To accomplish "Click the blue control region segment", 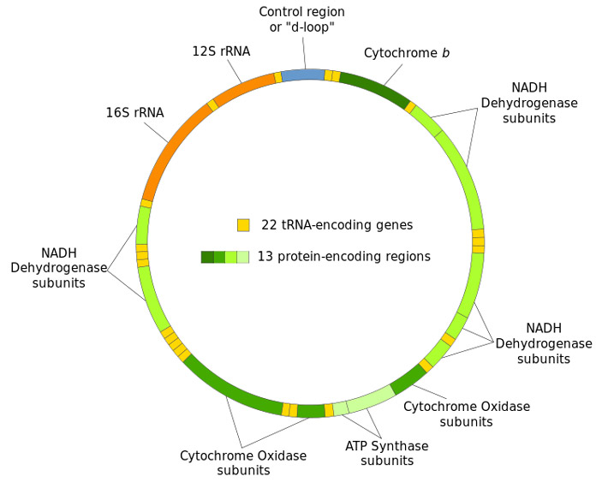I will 303,74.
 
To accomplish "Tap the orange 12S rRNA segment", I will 245,88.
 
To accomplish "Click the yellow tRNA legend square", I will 243,225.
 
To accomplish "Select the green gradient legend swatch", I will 224,257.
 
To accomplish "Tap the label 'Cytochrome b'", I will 407,53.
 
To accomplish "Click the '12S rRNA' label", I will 221,51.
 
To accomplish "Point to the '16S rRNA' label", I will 134,112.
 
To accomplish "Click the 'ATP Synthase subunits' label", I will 386,453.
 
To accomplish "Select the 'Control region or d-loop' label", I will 301,20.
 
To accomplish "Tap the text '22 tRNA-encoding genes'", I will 337,225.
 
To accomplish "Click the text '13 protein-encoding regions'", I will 343,257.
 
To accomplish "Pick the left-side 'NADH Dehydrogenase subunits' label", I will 48,267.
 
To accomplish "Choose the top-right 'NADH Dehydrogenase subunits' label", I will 528,103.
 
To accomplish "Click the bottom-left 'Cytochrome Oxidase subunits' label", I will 242,463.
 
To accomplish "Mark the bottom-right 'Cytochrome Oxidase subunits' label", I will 466,414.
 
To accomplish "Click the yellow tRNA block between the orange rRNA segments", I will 212,104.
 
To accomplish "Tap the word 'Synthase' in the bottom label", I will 402,446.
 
